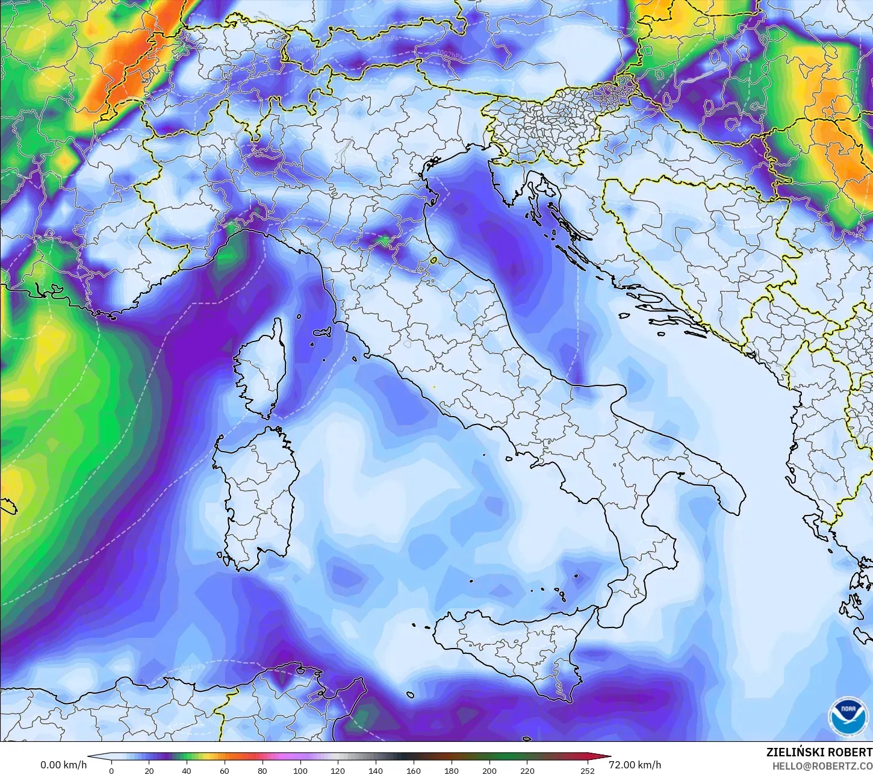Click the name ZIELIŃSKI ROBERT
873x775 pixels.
819,752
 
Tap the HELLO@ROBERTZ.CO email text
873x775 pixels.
822,765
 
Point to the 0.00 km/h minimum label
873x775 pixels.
63,765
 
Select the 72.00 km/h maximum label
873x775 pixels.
635,765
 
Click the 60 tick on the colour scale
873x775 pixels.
225,770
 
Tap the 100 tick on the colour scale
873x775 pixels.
300,770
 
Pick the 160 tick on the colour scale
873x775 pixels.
414,770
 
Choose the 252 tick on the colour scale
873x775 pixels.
588,770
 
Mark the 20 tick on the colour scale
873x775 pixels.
149,770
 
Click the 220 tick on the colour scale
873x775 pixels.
527,770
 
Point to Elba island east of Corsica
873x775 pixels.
324,332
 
